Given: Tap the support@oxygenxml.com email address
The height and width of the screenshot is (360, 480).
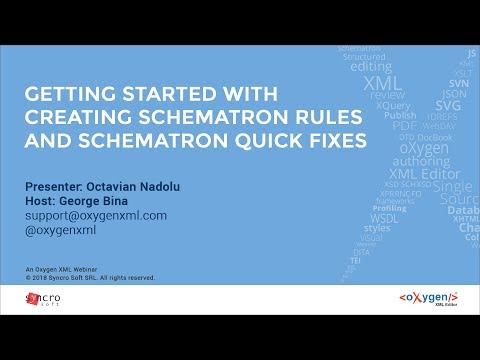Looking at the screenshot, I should tap(95, 215).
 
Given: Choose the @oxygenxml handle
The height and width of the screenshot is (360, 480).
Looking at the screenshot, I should tap(61, 230).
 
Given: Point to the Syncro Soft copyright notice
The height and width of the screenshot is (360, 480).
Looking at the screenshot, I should tap(91, 278).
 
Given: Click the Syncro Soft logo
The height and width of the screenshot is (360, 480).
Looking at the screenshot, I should tap(43, 299).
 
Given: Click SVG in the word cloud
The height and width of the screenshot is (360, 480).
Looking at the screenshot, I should tap(448, 103).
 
